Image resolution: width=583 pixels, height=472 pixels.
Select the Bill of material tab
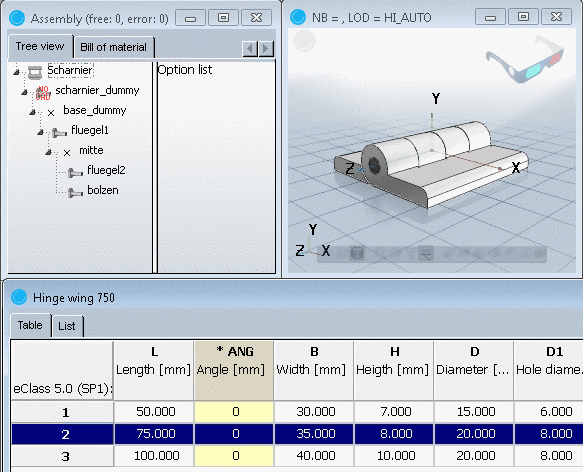coord(113,47)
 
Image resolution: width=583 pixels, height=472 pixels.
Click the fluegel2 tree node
coord(106,170)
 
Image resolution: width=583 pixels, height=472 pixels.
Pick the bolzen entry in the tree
coord(103,190)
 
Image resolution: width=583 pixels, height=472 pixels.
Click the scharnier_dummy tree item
coord(96,90)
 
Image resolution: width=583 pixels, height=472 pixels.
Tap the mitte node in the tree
coord(91,150)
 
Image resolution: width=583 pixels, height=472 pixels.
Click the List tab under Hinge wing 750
coord(67,325)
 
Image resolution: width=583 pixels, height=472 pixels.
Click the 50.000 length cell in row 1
coord(154,411)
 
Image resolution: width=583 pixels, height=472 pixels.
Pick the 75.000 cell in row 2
coord(154,434)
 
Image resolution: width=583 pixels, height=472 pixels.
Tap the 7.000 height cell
coord(394,411)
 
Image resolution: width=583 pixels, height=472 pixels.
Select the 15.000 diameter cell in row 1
coord(474,411)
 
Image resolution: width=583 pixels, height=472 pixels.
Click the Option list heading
coord(185,70)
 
